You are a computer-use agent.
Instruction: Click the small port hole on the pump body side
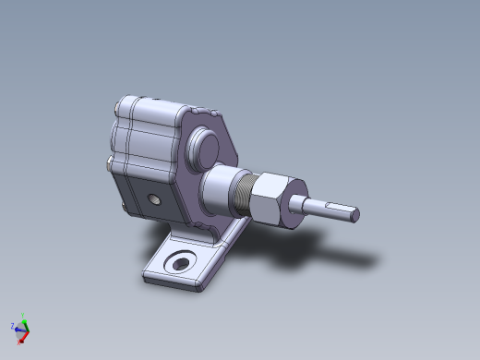[153, 198]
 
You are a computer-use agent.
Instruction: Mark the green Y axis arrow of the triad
[26, 324]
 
